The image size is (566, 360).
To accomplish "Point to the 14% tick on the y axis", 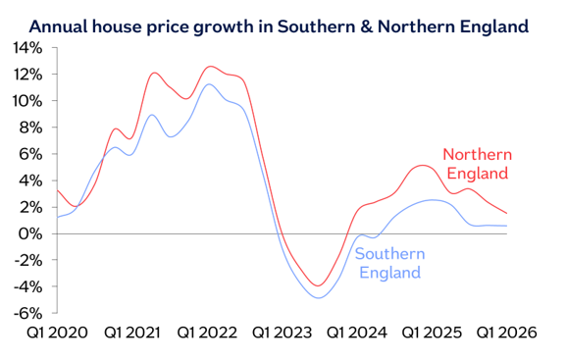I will click(26, 47).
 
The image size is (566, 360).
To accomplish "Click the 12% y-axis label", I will click(26, 74).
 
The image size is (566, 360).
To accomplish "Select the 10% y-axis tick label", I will click(26, 100).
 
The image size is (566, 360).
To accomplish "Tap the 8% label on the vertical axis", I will click(29, 127).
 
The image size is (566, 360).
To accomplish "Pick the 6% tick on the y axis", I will click(29, 153).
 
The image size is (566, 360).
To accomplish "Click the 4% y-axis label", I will click(29, 180).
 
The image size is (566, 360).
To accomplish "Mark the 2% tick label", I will click(29, 206).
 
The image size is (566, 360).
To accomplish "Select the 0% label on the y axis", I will click(29, 233).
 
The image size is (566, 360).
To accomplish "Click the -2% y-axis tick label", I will click(27, 260).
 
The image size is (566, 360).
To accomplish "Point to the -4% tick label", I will click(27, 286).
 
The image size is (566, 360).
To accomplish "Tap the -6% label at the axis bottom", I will click(27, 313).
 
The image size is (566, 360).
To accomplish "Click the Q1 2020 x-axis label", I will click(56, 334).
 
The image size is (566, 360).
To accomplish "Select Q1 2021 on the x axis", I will click(130, 334).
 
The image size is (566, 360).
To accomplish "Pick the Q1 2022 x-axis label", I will click(206, 334).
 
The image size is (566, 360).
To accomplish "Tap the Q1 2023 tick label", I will click(282, 334).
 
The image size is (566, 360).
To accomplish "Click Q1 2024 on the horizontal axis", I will click(356, 334).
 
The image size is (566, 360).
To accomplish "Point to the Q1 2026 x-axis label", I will click(507, 334).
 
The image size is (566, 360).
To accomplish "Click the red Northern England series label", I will click(478, 164).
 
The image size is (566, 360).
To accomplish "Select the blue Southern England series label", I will click(389, 263).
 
